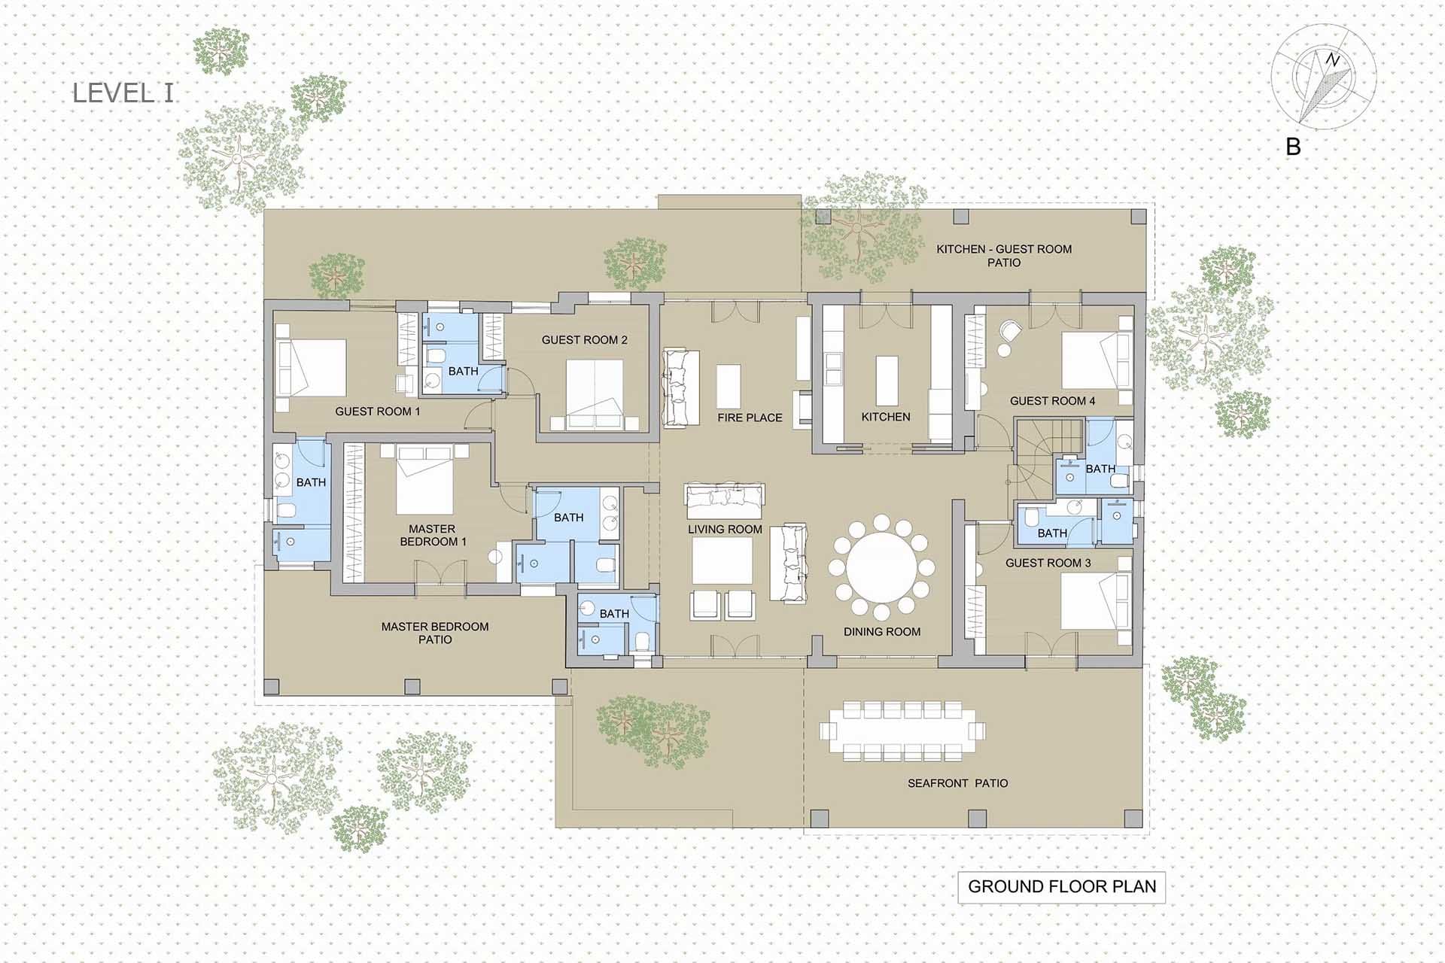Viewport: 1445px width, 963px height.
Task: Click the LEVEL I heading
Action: tap(123, 93)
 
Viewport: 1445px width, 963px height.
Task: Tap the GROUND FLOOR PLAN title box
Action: tap(1061, 887)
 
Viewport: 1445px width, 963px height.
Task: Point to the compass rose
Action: tap(1324, 77)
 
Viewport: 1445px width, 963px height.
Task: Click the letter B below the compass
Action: tap(1293, 147)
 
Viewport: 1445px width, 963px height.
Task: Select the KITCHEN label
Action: tap(886, 417)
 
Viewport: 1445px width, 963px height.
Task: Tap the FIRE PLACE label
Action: tap(750, 418)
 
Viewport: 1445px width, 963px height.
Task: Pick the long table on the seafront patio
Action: tap(902, 731)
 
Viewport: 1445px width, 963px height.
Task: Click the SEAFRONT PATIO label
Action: tap(957, 783)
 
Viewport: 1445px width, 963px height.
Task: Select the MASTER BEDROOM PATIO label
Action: tap(435, 633)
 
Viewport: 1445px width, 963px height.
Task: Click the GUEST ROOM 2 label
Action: tap(584, 340)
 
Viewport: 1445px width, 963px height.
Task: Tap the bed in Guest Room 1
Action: tap(312, 368)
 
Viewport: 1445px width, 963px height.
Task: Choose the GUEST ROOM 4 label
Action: tap(1052, 401)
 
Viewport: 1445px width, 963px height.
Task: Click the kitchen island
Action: tap(887, 380)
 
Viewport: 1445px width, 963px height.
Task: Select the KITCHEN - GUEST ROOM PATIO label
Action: tap(1004, 256)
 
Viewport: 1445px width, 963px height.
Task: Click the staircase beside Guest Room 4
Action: tap(1048, 451)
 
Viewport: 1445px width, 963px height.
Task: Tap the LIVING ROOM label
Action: tap(725, 530)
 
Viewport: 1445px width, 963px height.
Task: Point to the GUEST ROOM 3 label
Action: tap(1048, 563)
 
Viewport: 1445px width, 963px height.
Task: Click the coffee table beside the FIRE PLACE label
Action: tap(729, 386)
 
